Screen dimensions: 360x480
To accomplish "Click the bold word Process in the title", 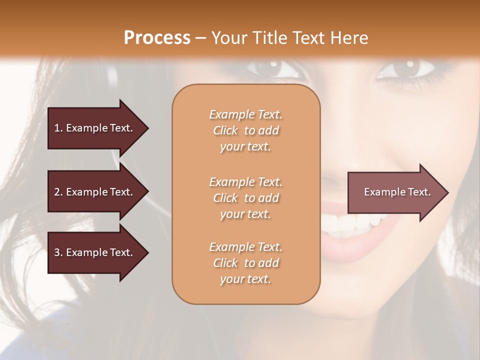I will [x=157, y=38].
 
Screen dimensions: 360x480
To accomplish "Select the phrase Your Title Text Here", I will [x=290, y=38].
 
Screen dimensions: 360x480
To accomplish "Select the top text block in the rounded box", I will [x=245, y=130].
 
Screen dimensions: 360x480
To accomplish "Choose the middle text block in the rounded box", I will [x=245, y=198].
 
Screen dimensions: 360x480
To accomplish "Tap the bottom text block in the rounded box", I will [x=245, y=263].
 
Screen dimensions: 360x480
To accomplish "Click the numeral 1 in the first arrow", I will [x=56, y=128].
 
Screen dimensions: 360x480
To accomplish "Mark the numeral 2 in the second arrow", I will [x=56, y=192].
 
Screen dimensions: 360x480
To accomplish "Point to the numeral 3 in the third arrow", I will [x=56, y=252].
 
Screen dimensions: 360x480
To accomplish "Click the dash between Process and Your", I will [x=201, y=38].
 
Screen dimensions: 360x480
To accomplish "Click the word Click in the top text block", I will [x=225, y=131].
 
